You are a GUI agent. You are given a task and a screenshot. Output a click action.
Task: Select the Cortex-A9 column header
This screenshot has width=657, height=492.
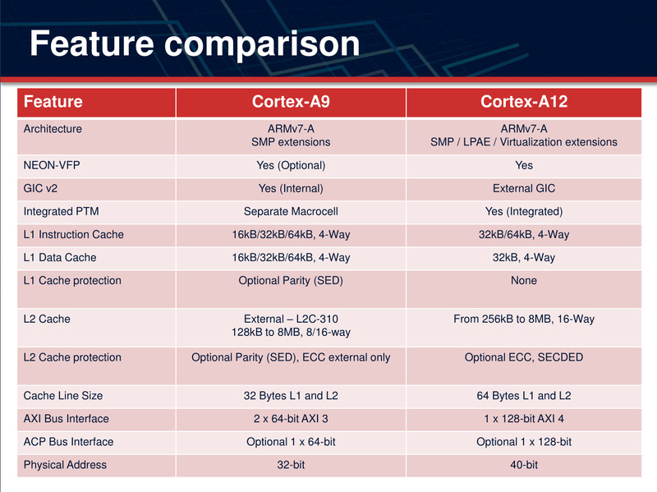tap(291, 102)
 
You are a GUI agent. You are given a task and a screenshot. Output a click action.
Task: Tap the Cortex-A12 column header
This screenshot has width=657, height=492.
tap(524, 102)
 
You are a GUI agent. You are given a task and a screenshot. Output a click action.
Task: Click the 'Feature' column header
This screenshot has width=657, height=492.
tap(53, 102)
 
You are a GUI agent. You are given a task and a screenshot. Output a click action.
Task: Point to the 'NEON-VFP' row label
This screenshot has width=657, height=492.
tap(52, 165)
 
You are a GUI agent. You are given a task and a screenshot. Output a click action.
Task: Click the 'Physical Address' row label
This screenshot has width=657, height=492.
tap(65, 465)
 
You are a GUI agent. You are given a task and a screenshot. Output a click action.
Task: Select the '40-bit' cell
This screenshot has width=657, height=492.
tap(524, 465)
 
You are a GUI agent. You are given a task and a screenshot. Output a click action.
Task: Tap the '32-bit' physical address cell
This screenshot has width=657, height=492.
tap(291, 465)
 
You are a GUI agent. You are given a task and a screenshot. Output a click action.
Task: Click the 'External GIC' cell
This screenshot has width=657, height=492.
tap(524, 189)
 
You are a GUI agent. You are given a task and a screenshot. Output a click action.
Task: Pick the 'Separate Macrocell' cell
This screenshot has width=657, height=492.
tap(291, 212)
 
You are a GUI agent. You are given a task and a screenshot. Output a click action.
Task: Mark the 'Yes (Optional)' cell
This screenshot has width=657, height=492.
tap(291, 165)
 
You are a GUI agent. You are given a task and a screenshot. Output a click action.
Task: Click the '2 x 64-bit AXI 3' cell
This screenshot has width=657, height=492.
tap(291, 419)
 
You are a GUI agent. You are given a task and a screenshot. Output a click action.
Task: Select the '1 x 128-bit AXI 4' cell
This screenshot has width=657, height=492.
tap(524, 419)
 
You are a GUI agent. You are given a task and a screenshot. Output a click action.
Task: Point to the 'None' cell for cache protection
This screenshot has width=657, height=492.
tap(524, 281)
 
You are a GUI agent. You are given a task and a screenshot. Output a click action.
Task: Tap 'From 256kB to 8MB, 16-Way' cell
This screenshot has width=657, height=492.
tap(524, 319)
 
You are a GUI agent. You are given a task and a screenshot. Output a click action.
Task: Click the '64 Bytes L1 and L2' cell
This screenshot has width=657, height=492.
tap(524, 396)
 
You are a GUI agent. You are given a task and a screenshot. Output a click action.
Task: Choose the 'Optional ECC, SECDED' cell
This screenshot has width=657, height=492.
tap(524, 357)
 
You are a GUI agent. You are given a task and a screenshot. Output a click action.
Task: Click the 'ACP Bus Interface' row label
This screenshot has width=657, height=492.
tap(68, 442)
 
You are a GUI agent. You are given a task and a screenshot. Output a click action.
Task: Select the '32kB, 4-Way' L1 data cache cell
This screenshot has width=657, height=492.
tap(524, 258)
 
